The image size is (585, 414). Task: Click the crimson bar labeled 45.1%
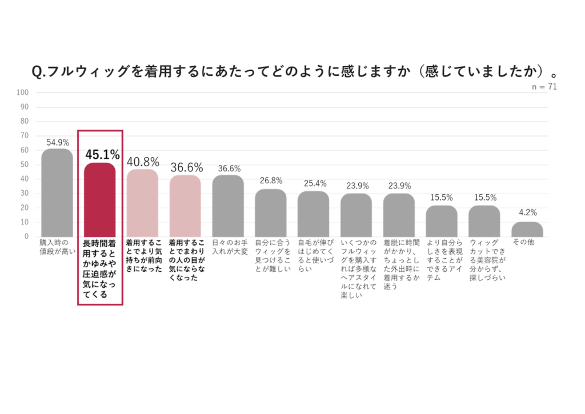tap(100, 199)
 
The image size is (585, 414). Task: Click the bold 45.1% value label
tap(102, 154)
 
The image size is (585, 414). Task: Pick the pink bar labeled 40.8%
tap(142, 203)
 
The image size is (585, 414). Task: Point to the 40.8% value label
tap(143, 162)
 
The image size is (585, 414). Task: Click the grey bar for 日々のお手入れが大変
tap(228, 206)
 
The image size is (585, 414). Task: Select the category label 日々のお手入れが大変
tap(228, 246)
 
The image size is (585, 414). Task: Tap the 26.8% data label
tap(270, 181)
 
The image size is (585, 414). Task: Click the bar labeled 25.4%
tap(313, 214)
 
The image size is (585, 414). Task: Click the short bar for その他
tap(527, 230)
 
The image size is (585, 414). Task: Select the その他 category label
tap(523, 242)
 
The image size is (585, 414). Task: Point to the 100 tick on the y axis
tap(23, 92)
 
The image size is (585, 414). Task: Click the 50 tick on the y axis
tap(25, 164)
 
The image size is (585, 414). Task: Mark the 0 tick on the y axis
tap(26, 236)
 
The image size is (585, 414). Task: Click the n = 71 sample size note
tap(543, 87)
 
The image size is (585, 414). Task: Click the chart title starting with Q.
tap(294, 71)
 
